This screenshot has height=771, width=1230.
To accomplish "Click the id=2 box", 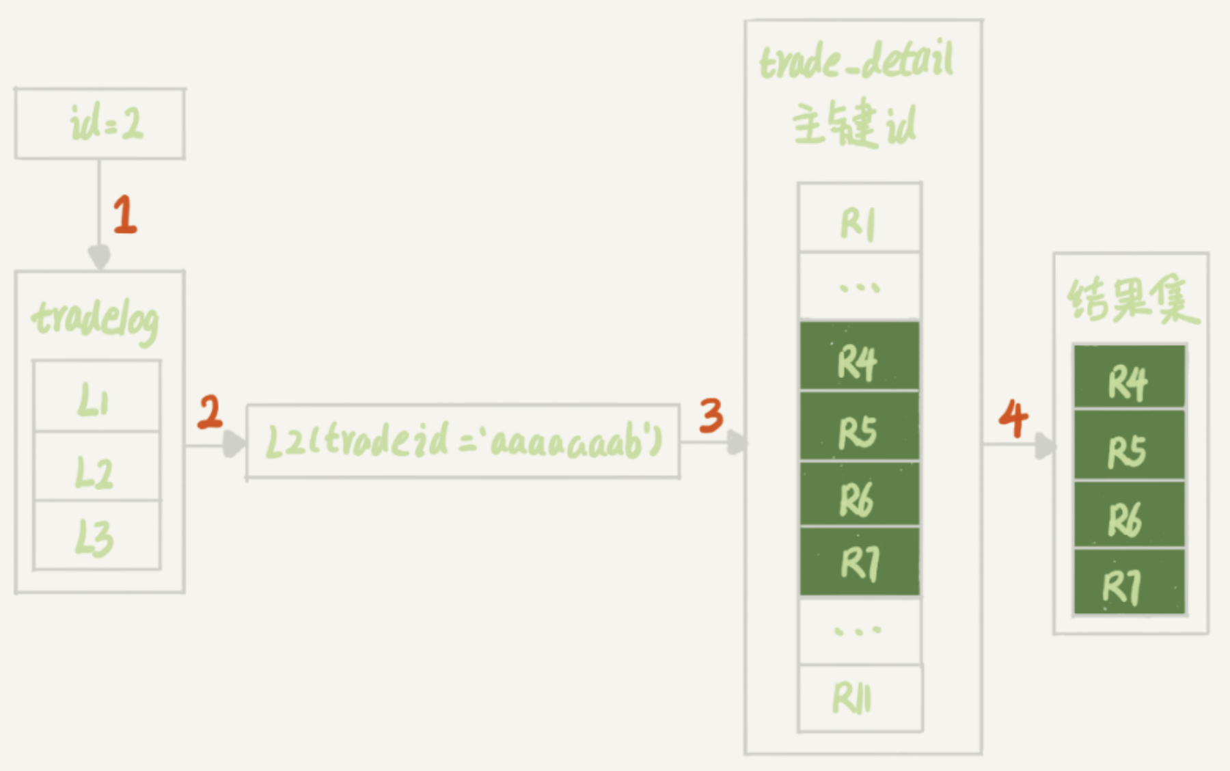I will [x=100, y=124].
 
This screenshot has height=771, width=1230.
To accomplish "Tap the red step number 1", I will [x=125, y=215].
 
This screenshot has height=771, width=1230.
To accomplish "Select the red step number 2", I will [x=210, y=412].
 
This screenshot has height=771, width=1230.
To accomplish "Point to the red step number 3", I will [x=711, y=416].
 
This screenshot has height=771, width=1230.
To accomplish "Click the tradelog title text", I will [x=96, y=320].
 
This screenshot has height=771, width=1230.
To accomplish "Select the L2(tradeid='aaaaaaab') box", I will [x=463, y=442].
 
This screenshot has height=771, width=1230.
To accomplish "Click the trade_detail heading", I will [x=856, y=60].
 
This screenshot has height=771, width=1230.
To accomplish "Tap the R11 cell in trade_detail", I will [x=859, y=698].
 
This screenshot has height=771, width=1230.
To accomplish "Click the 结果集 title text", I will [x=1132, y=301].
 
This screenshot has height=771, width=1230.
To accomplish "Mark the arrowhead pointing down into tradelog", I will [x=99, y=258].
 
